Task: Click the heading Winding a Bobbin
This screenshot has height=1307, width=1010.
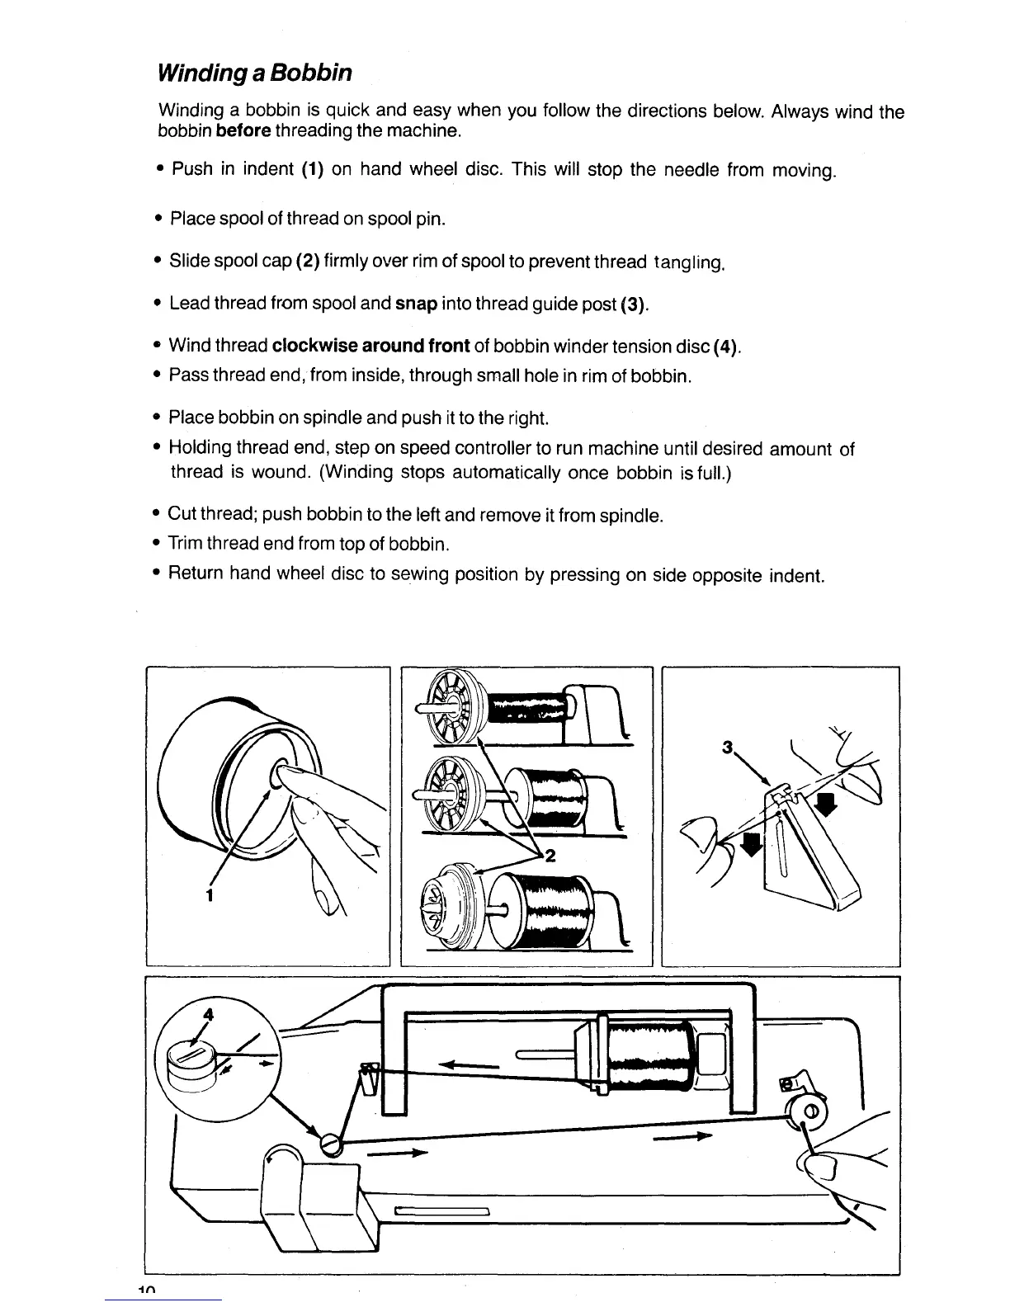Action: tap(255, 73)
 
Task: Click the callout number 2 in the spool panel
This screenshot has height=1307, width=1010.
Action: tap(550, 856)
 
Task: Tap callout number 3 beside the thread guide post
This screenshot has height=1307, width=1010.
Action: tap(727, 748)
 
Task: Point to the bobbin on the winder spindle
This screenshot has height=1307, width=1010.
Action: tap(809, 1110)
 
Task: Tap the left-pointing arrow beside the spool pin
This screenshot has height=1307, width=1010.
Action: tap(471, 1065)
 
